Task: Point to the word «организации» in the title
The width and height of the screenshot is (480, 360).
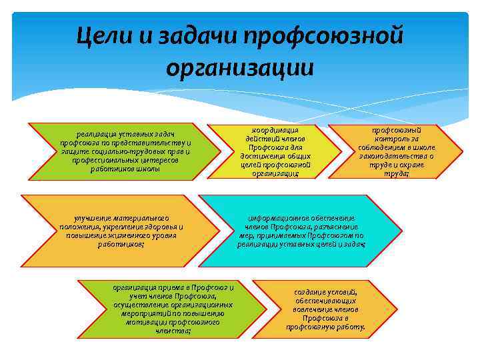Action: (x=240, y=67)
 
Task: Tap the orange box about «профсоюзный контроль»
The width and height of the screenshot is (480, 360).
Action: (x=396, y=151)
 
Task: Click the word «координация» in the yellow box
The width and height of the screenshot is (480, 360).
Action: (x=275, y=129)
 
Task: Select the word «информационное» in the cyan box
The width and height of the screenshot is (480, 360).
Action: (x=274, y=218)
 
